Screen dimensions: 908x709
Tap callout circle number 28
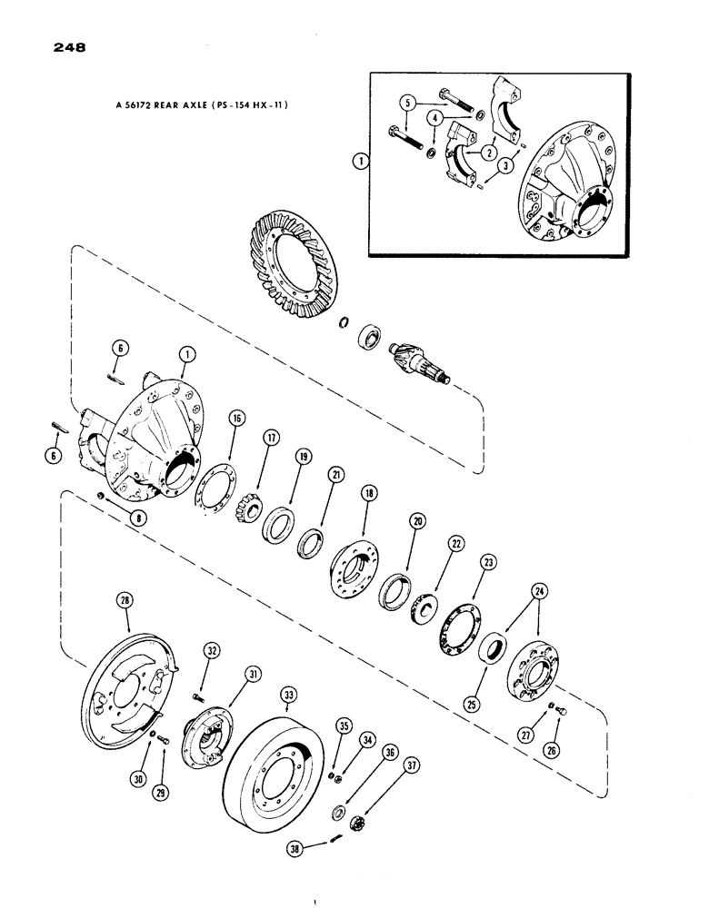(124, 598)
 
